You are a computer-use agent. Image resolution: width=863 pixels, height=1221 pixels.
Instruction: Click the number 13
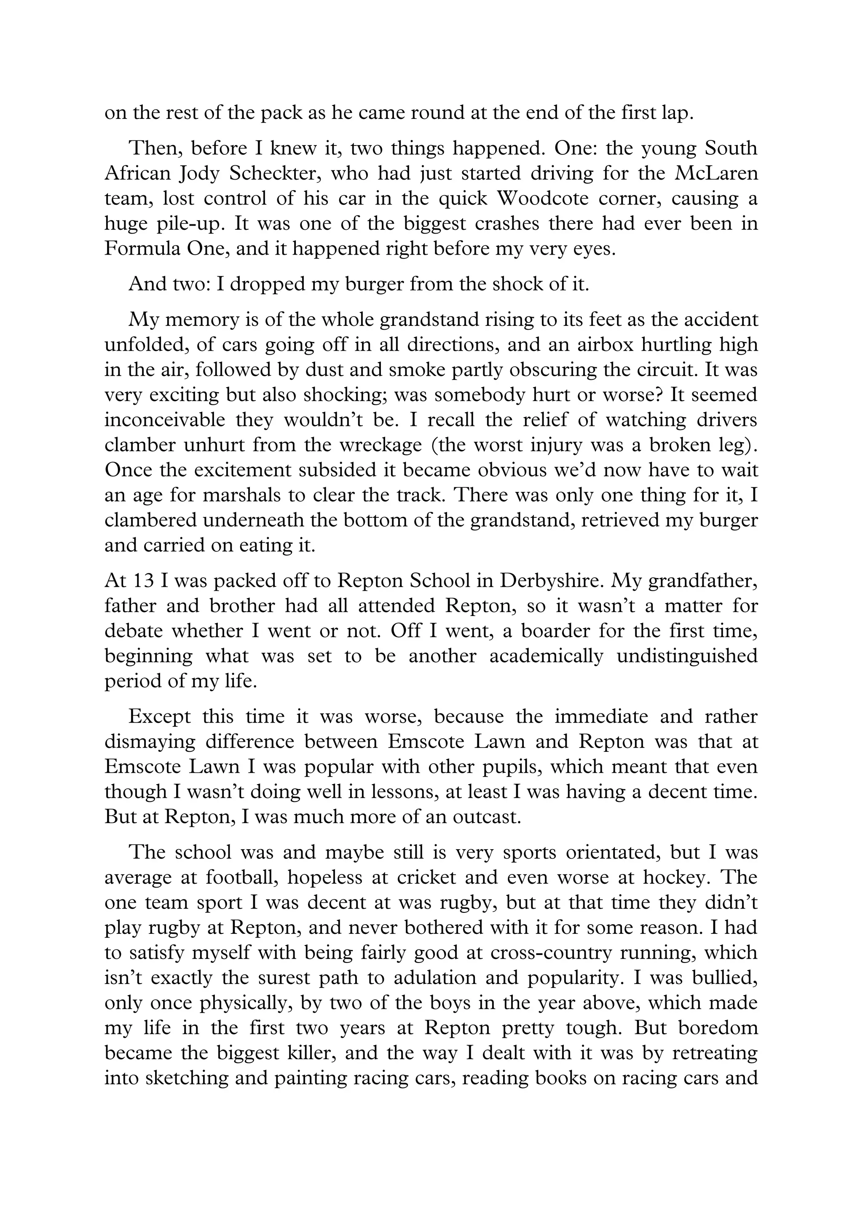[143, 580]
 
